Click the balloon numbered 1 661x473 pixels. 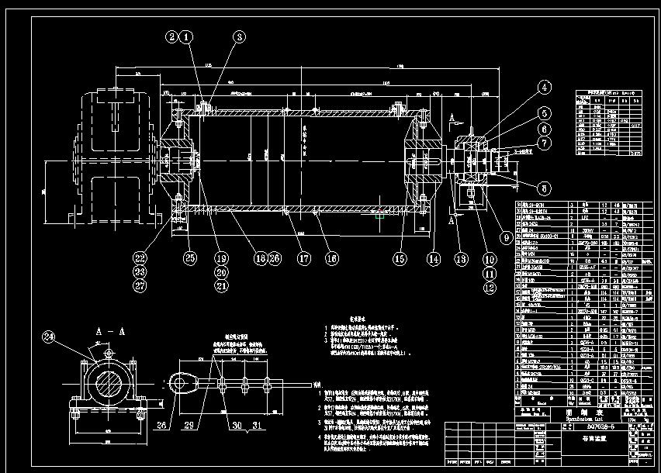(x=186, y=36)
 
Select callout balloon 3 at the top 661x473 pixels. (x=240, y=36)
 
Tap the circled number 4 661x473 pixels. (x=545, y=88)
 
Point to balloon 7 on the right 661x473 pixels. (x=545, y=143)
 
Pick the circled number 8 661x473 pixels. (x=545, y=187)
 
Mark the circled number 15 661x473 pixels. (x=400, y=258)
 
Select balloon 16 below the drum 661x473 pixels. (x=331, y=258)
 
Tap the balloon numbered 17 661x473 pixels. (x=303, y=258)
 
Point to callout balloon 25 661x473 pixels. (x=189, y=258)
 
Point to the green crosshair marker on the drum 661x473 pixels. (x=379, y=212)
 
